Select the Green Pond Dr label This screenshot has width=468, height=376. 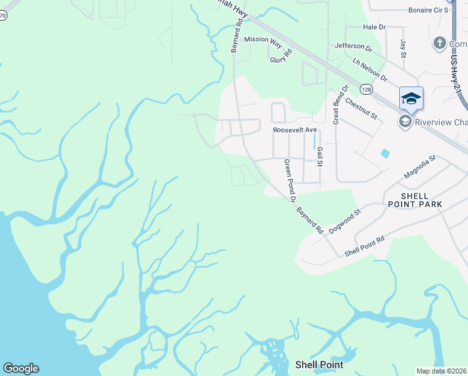tap(289, 180)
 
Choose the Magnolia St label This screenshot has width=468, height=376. tap(419, 167)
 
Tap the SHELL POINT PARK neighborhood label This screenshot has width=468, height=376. tap(415, 200)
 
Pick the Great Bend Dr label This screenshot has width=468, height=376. tap(336, 105)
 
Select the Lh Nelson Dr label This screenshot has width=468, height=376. tap(369, 69)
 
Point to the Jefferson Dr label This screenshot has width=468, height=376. tap(354, 46)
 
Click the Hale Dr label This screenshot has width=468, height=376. tap(374, 28)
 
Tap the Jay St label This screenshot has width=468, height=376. tap(404, 47)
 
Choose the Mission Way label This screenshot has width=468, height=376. tap(263, 39)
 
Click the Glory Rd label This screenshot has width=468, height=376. tap(281, 56)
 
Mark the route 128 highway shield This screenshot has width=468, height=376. tap(366, 90)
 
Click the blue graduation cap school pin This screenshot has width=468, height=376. tap(411, 98)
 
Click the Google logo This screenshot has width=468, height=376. tap(21, 368)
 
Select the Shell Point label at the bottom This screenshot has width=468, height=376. tap(318, 364)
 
